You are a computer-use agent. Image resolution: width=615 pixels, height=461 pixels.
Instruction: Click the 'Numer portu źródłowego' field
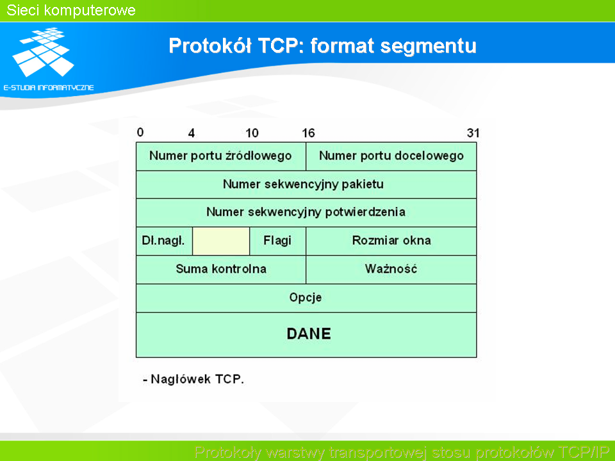(221, 156)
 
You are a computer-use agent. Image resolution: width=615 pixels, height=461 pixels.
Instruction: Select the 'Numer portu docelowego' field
(391, 156)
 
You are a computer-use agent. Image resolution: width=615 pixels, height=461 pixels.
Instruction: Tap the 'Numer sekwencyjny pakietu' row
(306, 184)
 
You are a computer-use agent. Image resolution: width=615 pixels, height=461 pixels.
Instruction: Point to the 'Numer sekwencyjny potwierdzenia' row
(306, 213)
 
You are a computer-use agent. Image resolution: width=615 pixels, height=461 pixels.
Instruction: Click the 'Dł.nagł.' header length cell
(165, 241)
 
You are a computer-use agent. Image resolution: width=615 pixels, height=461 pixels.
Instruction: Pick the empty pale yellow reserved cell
(221, 241)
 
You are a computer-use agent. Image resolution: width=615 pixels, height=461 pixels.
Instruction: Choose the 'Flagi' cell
(277, 241)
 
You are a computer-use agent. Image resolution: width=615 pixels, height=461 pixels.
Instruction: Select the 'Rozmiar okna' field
(391, 241)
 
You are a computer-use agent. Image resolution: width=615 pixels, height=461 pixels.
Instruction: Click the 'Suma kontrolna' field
(221, 270)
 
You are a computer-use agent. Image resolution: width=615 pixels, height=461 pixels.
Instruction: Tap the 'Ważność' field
(391, 270)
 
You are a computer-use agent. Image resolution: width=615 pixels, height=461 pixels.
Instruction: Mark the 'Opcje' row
(306, 298)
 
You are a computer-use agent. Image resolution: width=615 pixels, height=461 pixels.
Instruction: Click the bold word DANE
(309, 334)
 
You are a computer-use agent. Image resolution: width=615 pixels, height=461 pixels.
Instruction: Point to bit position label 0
(140, 133)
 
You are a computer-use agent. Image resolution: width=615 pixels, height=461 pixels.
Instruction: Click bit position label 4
(192, 133)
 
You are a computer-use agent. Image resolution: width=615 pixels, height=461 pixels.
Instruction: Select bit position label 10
(252, 133)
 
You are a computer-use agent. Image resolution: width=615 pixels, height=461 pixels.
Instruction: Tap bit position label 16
(308, 133)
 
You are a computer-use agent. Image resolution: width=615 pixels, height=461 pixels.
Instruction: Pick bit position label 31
(473, 133)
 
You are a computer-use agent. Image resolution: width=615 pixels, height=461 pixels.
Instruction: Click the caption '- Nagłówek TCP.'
(193, 379)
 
